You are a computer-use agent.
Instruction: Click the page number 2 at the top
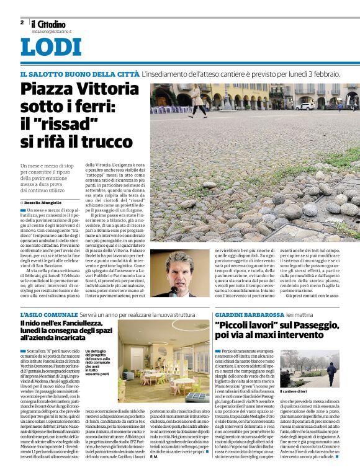pyautogui.click(x=22, y=22)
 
